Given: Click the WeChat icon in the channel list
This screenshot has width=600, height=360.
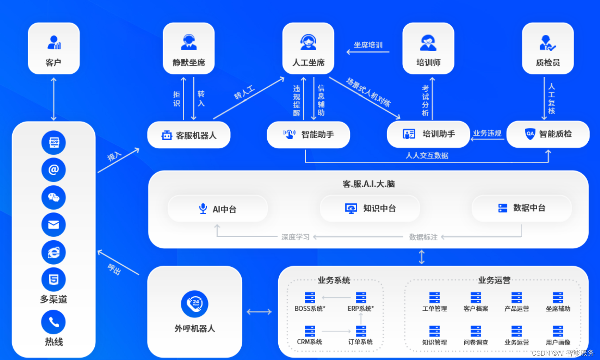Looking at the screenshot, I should click(x=54, y=197).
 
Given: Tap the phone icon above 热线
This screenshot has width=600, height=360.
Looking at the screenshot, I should click(x=54, y=322).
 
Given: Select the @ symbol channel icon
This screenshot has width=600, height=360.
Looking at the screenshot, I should click(x=54, y=170).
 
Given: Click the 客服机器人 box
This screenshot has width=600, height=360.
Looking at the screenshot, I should click(x=189, y=135).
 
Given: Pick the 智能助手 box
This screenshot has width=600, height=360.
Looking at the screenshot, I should click(x=308, y=135).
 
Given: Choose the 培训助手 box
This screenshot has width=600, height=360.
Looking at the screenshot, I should click(x=428, y=134).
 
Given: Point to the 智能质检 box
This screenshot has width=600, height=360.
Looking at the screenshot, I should click(x=548, y=134).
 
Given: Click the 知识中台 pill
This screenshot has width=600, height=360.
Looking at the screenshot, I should click(x=370, y=208).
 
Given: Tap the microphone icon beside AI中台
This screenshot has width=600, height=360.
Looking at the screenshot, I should click(x=203, y=208).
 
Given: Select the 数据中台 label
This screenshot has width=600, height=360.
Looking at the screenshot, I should click(x=529, y=208).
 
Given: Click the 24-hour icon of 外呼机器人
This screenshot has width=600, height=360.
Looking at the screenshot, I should click(x=195, y=304).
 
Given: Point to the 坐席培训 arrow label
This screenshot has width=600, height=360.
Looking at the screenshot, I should click(x=368, y=45).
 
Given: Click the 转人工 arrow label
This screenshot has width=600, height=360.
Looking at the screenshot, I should click(x=244, y=92).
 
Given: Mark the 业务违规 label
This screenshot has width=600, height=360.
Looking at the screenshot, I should click(x=487, y=133).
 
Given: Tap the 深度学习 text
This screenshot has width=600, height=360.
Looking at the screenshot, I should click(x=295, y=237).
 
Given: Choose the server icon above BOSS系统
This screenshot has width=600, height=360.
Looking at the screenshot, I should click(x=310, y=297).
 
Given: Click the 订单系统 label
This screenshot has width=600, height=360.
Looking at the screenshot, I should click(x=360, y=342).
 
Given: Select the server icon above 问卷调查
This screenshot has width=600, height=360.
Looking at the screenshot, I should click(x=476, y=331).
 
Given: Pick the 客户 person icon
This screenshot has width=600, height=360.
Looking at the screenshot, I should click(x=54, y=42).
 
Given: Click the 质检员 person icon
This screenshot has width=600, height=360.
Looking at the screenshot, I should click(x=547, y=43).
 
